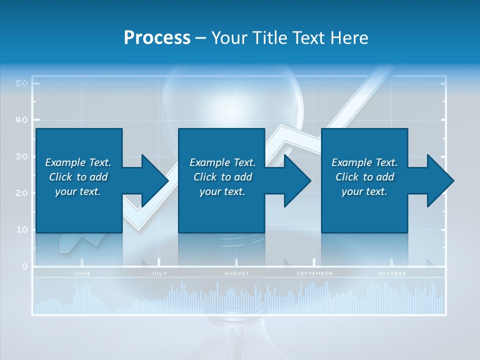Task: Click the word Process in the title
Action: (x=157, y=38)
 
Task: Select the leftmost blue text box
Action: (x=78, y=180)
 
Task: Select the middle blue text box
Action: (x=221, y=180)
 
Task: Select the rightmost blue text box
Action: (x=364, y=180)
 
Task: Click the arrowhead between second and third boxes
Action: (x=296, y=180)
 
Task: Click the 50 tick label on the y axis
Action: (x=21, y=83)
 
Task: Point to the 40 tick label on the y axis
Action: (x=21, y=120)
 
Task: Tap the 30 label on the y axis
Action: (x=21, y=156)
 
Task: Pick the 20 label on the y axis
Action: (x=21, y=193)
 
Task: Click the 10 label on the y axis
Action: (x=21, y=230)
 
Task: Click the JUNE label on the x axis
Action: (x=82, y=273)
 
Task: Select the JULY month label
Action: (x=159, y=273)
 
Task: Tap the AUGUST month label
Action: (x=236, y=273)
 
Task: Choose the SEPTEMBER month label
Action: (x=314, y=273)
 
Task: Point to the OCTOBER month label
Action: (x=392, y=273)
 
